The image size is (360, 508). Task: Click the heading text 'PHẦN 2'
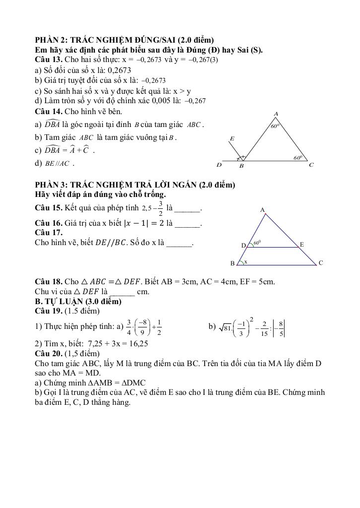50,40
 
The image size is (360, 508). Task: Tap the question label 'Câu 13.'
48,60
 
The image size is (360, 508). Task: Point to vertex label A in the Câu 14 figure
276,114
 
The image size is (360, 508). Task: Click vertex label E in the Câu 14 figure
232,139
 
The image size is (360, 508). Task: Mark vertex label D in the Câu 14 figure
218,165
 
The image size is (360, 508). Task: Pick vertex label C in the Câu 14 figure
311,165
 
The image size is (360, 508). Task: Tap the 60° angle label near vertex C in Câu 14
297,158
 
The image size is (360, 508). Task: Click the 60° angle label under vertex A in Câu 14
275,127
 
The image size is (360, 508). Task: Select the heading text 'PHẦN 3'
50,185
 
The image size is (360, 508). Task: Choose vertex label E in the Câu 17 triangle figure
301,245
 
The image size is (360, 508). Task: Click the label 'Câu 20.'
48,353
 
